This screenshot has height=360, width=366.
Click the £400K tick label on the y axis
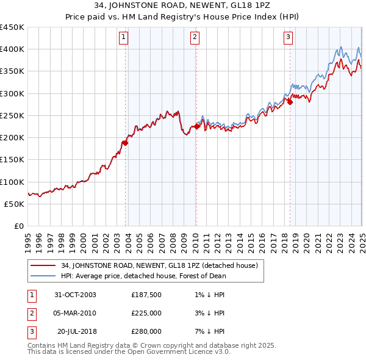pyautogui.click(x=13, y=49)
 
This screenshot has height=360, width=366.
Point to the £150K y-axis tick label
pyautogui.click(x=13, y=160)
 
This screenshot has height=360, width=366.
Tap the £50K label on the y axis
pyautogui.click(x=15, y=204)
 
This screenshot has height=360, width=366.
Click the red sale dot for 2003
pyautogui.click(x=125, y=143)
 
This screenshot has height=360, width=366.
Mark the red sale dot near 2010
pyautogui.click(x=196, y=126)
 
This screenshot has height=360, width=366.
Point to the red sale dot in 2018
pyautogui.click(x=290, y=102)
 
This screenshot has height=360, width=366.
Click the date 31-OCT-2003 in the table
pyautogui.click(x=75, y=295)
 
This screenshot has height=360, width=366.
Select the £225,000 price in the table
pyautogui.click(x=146, y=313)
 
